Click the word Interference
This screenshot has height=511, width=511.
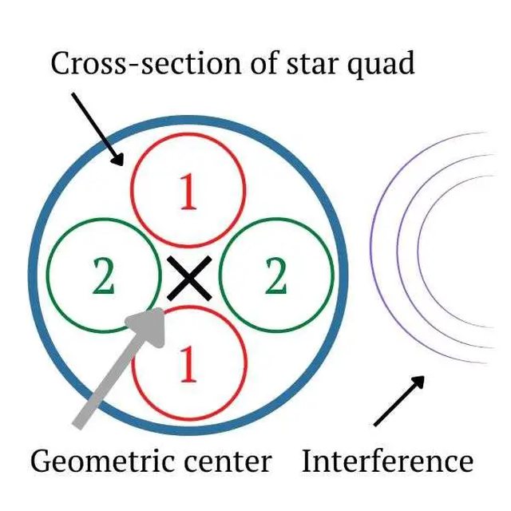click(387, 461)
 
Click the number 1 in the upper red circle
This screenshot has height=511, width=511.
click(188, 194)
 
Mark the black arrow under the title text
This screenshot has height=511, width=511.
click(97, 128)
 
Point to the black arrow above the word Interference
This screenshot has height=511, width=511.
click(399, 400)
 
